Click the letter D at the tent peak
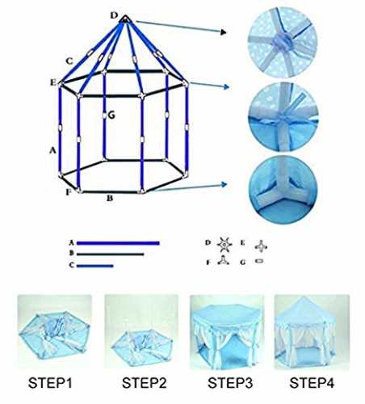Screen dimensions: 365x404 (115, 15)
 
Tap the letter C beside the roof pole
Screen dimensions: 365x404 (69, 61)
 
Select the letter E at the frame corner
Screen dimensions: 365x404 (53, 82)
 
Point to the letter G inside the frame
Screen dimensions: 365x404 (111, 116)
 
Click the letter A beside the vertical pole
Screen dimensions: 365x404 (52, 150)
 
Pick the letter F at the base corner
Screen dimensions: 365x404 (69, 192)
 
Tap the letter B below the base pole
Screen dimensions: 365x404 (110, 199)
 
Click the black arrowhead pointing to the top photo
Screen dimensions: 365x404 (224, 32)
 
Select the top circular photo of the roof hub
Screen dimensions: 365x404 (283, 43)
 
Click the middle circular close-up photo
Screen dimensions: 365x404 (283, 117)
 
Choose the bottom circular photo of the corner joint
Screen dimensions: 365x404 (283, 190)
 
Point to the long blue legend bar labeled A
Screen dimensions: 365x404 (118, 243)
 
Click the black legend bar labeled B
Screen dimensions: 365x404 (110, 254)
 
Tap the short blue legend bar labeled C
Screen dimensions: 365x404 (94, 266)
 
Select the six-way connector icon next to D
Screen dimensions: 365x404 (224, 245)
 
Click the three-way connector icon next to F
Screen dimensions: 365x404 (223, 261)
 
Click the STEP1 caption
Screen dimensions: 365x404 (50, 383)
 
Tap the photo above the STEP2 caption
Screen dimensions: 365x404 (141, 331)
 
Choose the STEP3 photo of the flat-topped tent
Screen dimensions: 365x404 (227, 332)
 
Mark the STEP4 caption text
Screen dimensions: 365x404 (312, 383)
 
